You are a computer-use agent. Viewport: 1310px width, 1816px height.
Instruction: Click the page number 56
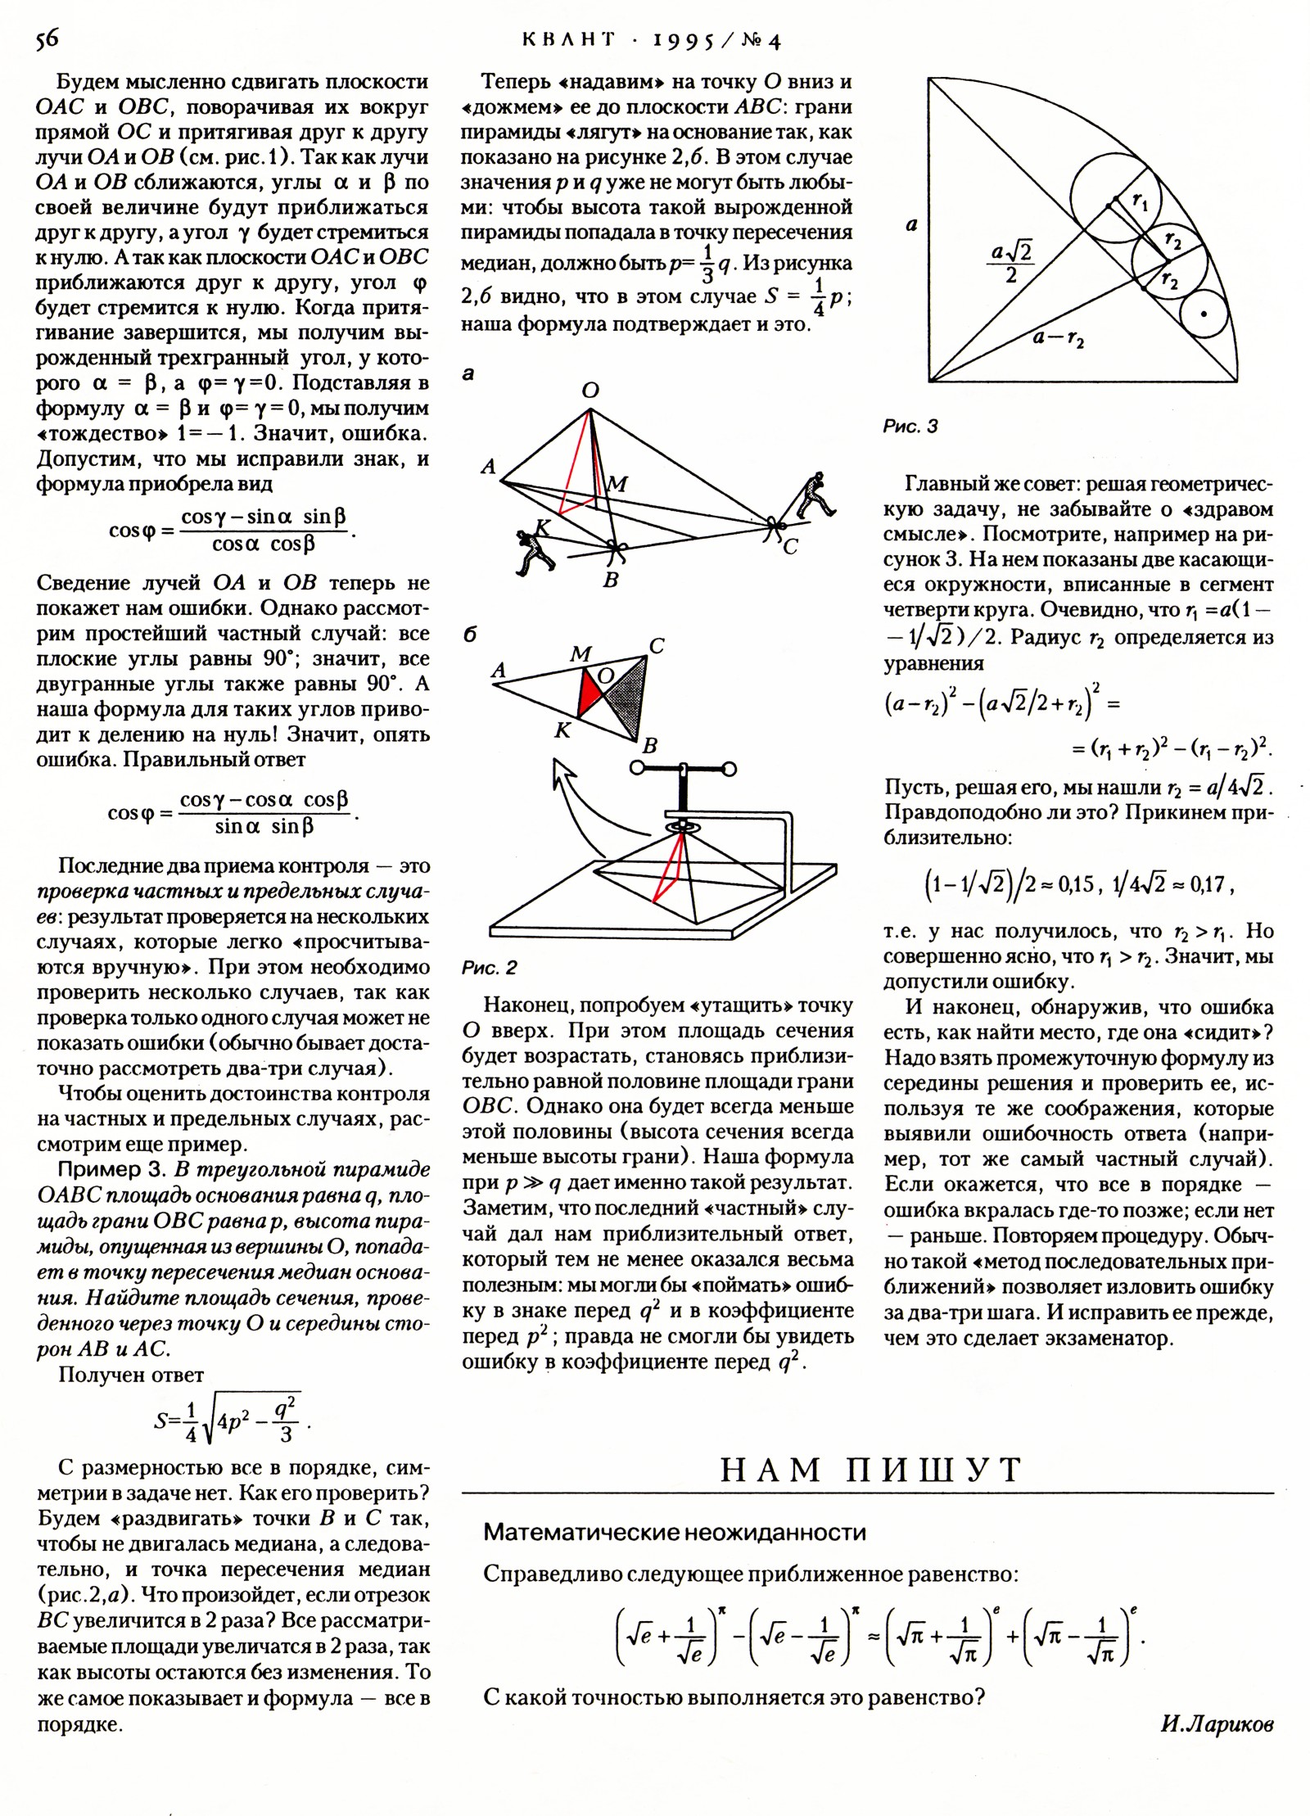47,40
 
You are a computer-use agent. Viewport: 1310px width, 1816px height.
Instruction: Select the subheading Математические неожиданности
674,1532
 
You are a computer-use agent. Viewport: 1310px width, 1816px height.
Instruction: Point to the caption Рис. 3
910,427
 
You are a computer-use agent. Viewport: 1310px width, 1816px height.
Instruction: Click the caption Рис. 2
489,969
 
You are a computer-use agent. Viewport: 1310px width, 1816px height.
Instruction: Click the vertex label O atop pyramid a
590,391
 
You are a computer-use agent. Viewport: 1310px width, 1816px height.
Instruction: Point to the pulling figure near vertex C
814,495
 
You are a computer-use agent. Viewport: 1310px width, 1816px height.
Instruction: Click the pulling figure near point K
533,550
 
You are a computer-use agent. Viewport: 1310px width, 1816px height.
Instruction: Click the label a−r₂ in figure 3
1058,337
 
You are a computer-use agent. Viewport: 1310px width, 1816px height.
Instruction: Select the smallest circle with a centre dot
1205,313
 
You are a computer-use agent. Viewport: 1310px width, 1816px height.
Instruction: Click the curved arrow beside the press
576,811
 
